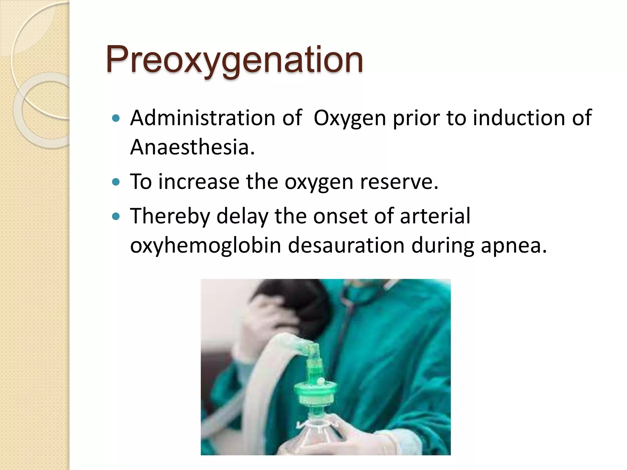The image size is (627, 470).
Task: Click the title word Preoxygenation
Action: pyautogui.click(x=235, y=60)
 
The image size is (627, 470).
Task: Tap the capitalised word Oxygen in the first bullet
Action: pyautogui.click(x=350, y=118)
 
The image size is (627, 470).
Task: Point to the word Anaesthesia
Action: pyautogui.click(x=192, y=147)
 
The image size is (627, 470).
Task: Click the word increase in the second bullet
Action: pyautogui.click(x=199, y=182)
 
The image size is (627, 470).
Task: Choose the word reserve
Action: pyautogui.click(x=399, y=182)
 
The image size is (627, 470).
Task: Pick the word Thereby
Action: pyautogui.click(x=170, y=216)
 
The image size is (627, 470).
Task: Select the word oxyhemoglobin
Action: pyautogui.click(x=205, y=245)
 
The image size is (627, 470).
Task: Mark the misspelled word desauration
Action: pyautogui.click(x=346, y=245)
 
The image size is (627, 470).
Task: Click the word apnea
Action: pyautogui.click(x=513, y=246)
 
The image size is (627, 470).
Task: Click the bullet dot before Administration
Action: pyautogui.click(x=116, y=118)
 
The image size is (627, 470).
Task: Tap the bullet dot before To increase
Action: pyautogui.click(x=116, y=182)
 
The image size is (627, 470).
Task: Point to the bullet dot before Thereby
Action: pyautogui.click(x=116, y=217)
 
